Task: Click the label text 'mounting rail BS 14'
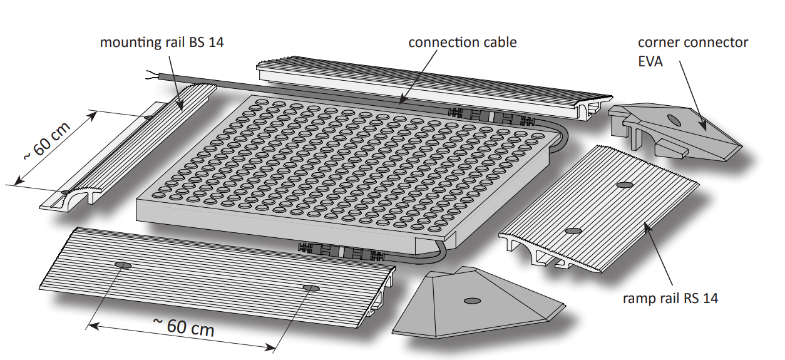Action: (162, 43)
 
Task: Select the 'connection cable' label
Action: (463, 43)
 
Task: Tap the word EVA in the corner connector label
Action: (651, 61)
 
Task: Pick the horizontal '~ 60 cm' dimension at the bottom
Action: (183, 326)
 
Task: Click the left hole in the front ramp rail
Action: (123, 265)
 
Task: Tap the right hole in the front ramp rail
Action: (311, 287)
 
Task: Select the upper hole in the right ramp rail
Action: (624, 185)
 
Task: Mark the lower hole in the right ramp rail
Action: (573, 231)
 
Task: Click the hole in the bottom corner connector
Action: (469, 302)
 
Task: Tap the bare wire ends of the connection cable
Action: (151, 74)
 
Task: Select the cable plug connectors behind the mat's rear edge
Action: (492, 116)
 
